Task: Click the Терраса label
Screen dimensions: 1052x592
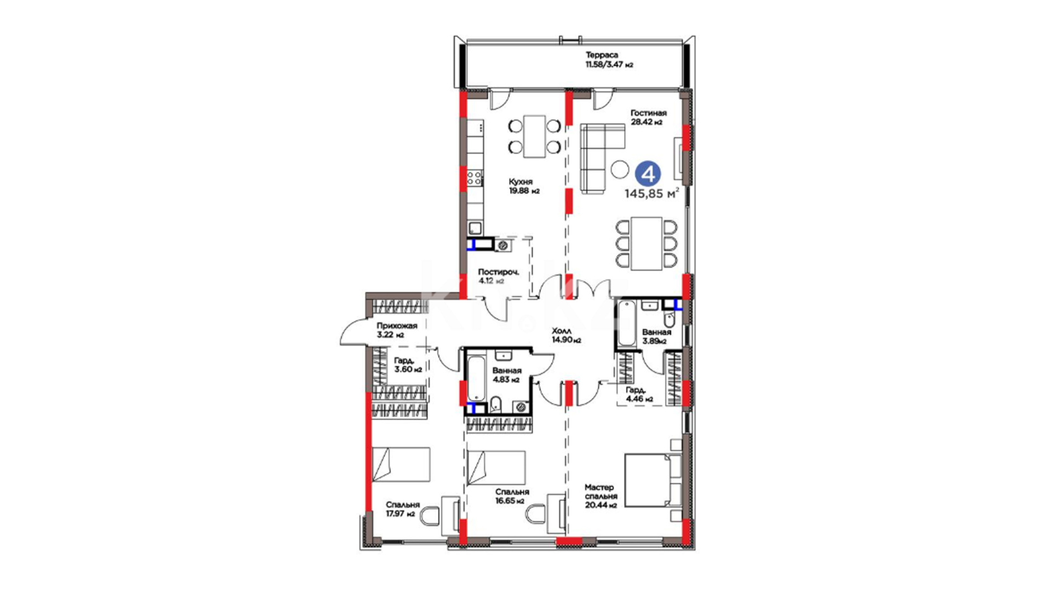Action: (602, 55)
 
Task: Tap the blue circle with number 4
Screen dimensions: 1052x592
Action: (648, 174)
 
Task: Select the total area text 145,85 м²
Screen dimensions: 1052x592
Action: (652, 193)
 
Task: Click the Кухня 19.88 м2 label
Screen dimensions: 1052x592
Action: (524, 186)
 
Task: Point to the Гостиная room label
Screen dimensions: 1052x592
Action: (648, 113)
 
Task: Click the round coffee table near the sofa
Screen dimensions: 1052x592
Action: (620, 169)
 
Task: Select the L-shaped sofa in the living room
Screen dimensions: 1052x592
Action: (602, 158)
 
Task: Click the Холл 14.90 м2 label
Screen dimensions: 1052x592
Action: (566, 335)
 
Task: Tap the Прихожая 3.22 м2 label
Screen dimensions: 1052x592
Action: (397, 330)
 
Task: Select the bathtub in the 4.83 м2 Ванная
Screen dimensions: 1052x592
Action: (476, 378)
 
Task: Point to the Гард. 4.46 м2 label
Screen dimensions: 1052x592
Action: (639, 394)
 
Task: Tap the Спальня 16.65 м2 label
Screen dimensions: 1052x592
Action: (510, 496)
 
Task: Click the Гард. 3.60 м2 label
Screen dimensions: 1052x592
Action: (408, 365)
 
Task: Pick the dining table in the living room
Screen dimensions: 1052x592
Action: (647, 243)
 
